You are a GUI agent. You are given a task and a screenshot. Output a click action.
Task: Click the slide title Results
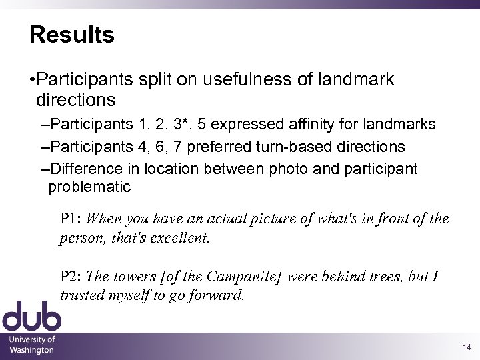pos(72,35)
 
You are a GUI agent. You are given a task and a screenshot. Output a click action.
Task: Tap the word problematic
pos(90,187)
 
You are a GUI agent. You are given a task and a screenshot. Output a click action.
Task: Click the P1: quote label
pos(71,219)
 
